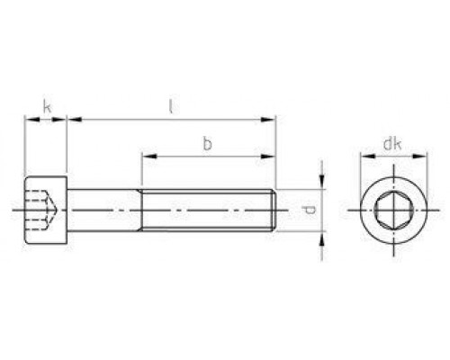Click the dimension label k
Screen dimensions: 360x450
[46, 109]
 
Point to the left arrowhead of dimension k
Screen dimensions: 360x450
[28, 118]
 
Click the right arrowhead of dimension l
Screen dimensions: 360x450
[271, 118]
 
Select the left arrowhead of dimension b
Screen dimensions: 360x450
[144, 156]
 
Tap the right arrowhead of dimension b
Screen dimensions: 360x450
[271, 156]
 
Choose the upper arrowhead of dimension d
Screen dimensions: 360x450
[320, 183]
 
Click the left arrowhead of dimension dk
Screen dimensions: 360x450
[364, 156]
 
